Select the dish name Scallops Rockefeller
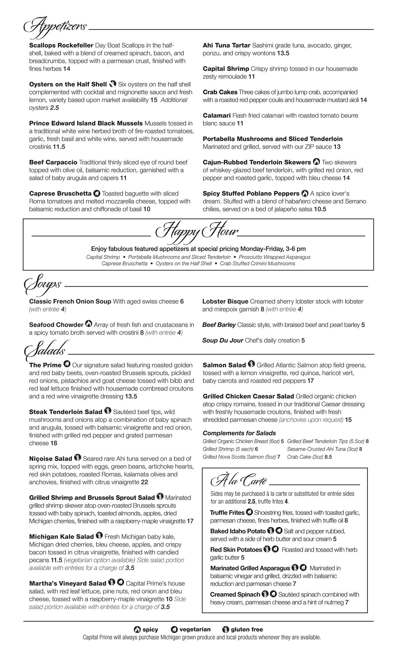[x=61, y=45]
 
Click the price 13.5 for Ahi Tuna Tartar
[x=283, y=53]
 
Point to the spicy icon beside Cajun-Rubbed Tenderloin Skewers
[x=316, y=162]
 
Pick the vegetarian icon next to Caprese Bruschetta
[x=96, y=193]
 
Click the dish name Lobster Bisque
[x=225, y=301]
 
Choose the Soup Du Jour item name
[x=223, y=340]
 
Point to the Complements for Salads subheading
[x=239, y=433]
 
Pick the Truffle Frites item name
[x=227, y=513]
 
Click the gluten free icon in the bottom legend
[x=225, y=629]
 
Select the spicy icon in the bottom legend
[x=137, y=629]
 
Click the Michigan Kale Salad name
[x=61, y=536]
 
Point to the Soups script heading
[x=43, y=284]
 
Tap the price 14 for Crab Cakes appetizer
[x=363, y=100]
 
